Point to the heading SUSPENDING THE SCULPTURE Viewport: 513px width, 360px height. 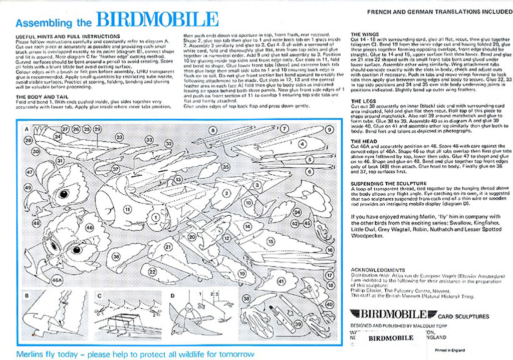(x=388, y=183)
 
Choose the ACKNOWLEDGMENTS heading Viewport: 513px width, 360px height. (x=378, y=270)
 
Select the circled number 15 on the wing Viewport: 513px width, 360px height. (x=271, y=241)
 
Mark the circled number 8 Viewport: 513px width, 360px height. (x=213, y=130)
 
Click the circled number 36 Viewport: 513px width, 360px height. (x=116, y=256)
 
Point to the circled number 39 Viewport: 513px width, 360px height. (x=298, y=324)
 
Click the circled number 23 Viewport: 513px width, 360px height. (x=119, y=137)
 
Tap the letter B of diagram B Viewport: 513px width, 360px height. (x=27, y=295)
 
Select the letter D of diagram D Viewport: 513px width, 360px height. (x=173, y=295)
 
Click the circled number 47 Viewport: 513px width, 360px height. (x=30, y=172)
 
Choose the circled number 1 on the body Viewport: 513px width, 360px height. (x=156, y=217)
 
